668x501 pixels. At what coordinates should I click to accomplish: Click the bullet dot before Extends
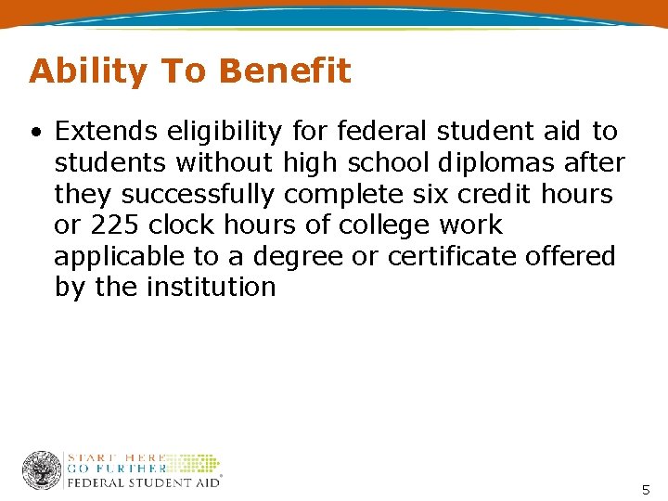35,133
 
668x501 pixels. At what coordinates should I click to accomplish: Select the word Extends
107,132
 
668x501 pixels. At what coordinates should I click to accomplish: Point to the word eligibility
222,132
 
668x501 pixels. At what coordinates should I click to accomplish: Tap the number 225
112,225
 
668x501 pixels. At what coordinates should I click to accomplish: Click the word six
429,194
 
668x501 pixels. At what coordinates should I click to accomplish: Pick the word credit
500,194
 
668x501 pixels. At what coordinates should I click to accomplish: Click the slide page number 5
647,489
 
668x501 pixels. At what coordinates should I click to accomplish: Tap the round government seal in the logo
42,469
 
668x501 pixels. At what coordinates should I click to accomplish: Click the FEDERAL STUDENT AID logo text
143,482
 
